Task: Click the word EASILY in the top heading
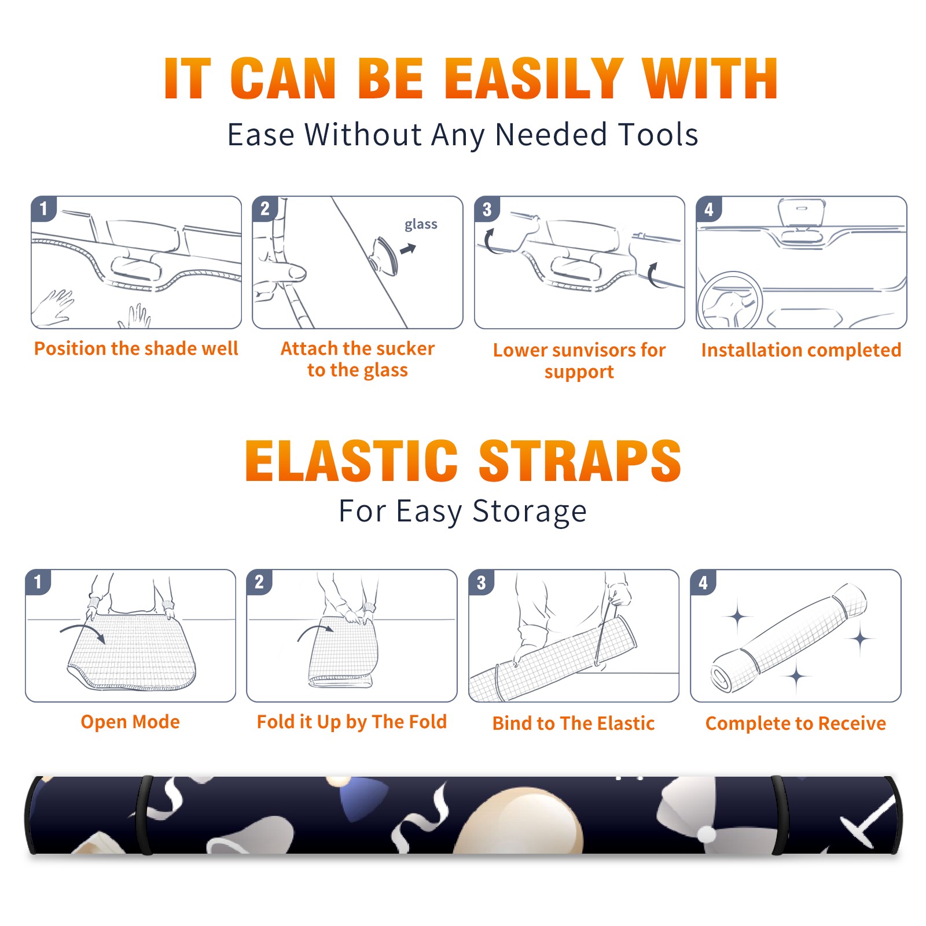pos(534,79)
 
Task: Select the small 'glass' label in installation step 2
pos(421,225)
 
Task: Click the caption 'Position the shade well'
pos(136,348)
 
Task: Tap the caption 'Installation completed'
pos(801,350)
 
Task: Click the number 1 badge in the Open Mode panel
pos(38,582)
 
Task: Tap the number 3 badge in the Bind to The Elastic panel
pos(482,582)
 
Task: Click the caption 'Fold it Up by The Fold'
pos(352,722)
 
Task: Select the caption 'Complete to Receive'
pos(796,723)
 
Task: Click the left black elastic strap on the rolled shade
pos(145,815)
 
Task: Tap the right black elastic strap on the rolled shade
pos(779,815)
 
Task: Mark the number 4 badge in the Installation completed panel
pos(709,210)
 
